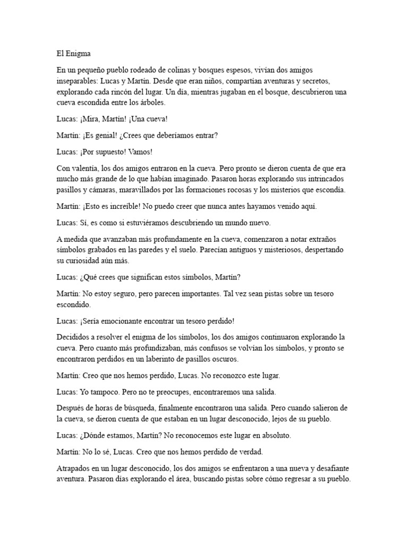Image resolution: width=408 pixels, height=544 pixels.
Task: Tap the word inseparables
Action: point(78,81)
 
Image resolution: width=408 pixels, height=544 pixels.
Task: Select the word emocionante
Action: point(133,321)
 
